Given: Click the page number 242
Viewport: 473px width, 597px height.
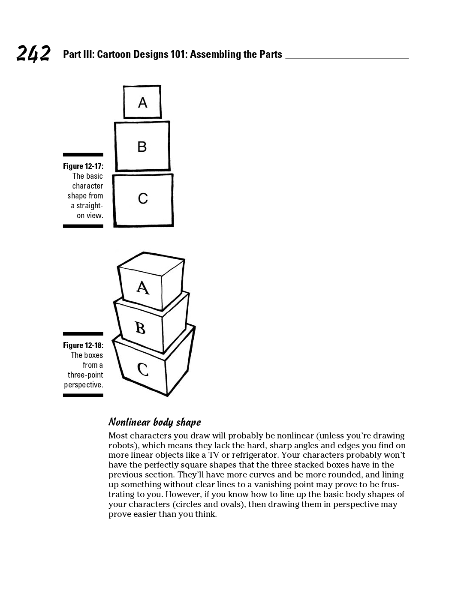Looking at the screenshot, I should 33,54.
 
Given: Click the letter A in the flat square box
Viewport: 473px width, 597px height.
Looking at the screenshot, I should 142,103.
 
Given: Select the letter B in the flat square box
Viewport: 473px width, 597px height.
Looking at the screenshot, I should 142,147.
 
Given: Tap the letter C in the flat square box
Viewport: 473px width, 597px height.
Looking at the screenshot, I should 143,198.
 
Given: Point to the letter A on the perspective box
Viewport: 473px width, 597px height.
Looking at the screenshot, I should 143,288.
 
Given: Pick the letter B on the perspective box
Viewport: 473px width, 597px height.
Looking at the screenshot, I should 140,328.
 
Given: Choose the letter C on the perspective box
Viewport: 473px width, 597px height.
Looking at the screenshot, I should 143,369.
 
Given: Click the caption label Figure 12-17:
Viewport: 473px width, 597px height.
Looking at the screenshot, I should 83,166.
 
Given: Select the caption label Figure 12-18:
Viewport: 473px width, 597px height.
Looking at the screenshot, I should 83,345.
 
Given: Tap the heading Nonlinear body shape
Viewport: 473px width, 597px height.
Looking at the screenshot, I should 154,423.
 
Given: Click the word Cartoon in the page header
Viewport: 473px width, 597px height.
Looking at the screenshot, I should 114,54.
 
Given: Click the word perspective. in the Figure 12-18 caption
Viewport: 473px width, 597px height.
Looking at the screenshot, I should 84,385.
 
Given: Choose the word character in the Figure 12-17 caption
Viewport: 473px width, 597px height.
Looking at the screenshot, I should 87,186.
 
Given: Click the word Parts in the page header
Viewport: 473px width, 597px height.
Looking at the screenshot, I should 271,54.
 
